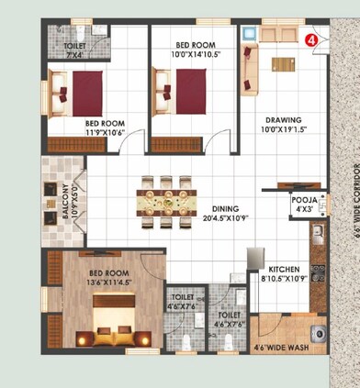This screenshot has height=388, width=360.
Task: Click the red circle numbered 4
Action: (310, 40)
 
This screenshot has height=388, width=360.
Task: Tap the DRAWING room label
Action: (284, 119)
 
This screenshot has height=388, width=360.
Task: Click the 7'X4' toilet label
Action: (74, 51)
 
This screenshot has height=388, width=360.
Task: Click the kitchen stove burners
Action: (317, 272)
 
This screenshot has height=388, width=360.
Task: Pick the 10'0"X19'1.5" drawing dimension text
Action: (284, 130)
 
